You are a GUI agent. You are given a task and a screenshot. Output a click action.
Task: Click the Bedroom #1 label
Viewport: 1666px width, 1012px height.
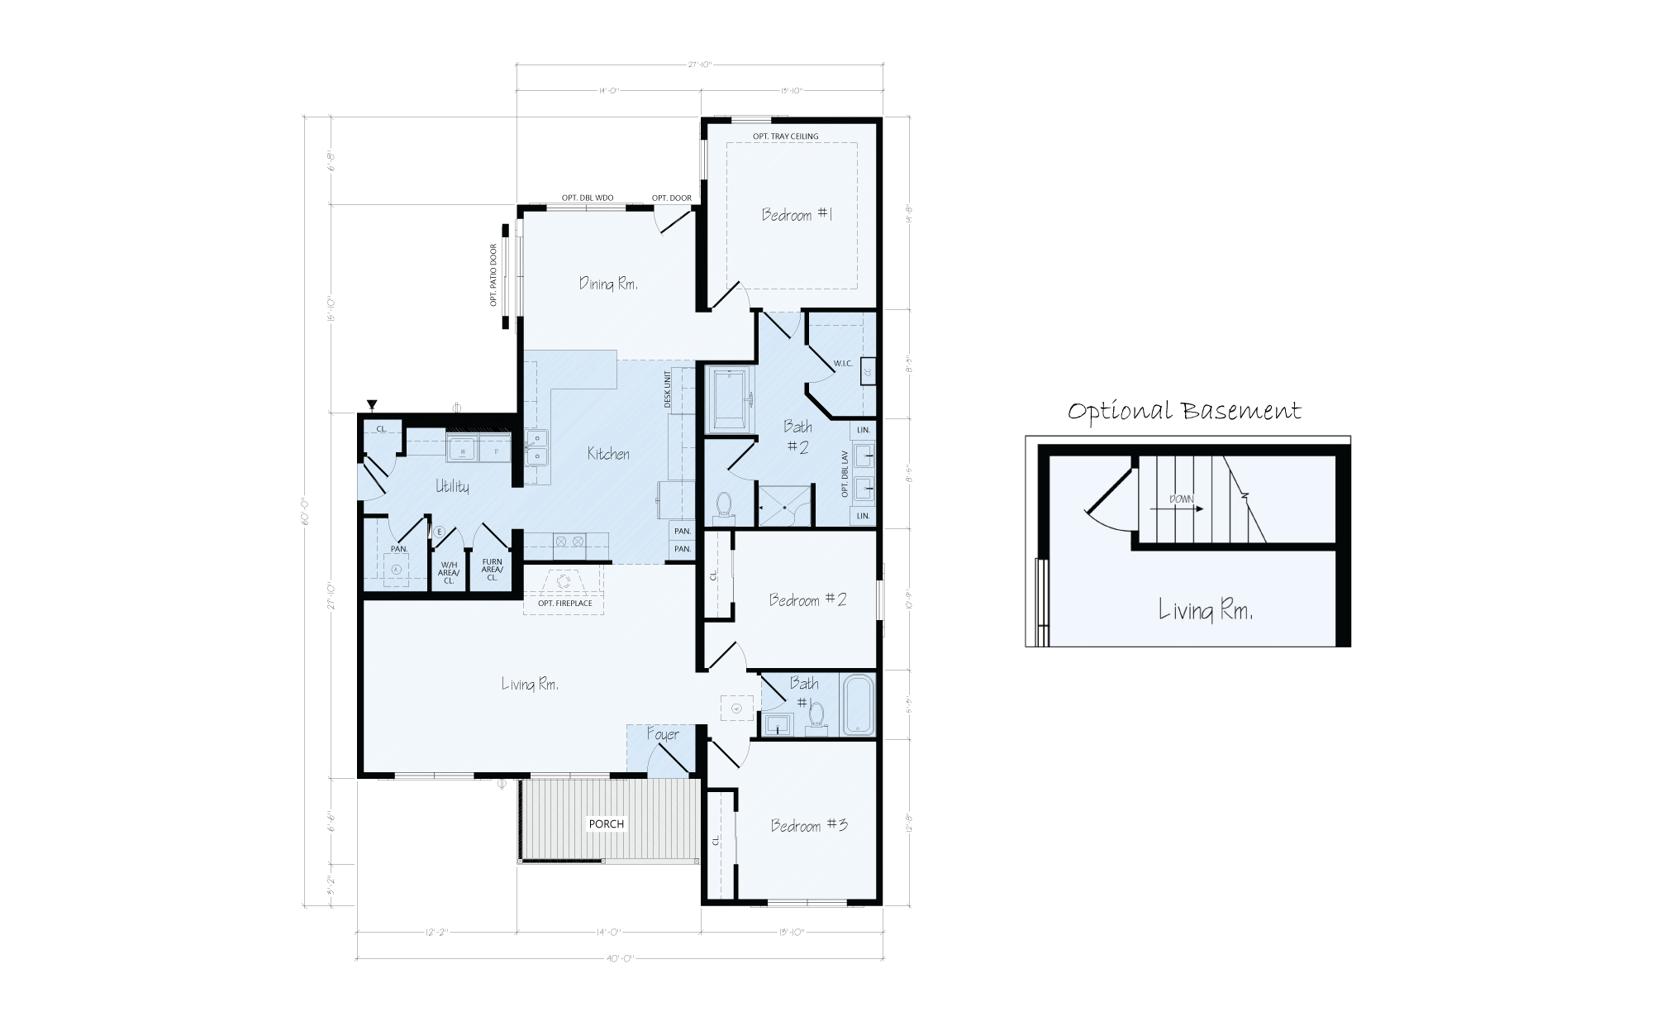[x=797, y=215]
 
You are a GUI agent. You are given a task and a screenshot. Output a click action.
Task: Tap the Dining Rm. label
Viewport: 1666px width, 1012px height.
[x=608, y=284]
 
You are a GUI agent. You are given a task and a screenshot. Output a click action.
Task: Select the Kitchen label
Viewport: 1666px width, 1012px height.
[x=608, y=453]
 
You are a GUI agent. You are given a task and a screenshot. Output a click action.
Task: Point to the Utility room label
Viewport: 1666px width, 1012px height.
[x=452, y=486]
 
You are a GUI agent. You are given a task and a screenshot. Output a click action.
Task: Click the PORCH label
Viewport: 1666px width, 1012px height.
[x=606, y=823]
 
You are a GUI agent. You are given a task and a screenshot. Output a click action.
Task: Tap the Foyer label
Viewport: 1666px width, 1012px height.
[x=663, y=734]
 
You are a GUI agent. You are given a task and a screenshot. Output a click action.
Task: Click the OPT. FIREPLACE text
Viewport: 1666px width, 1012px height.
[x=564, y=604]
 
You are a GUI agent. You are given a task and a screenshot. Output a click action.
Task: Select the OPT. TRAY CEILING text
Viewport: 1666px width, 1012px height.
[x=785, y=136]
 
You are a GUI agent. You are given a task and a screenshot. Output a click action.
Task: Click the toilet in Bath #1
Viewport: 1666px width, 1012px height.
[x=816, y=715]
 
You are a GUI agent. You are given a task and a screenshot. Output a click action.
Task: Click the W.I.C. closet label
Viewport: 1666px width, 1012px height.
[x=842, y=364]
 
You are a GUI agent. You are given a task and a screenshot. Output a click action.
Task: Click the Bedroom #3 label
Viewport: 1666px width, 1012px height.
[x=809, y=825]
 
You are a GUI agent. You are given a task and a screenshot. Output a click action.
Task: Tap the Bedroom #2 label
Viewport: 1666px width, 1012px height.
[x=807, y=599]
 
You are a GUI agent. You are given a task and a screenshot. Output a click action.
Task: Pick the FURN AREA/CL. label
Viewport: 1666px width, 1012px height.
[x=492, y=570]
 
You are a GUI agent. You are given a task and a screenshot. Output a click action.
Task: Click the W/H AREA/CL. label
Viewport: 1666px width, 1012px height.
[x=449, y=572]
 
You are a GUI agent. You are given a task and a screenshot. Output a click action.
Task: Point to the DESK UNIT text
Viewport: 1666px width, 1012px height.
[x=668, y=389]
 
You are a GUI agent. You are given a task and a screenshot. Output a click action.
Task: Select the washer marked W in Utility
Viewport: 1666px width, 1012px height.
[x=462, y=451]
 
